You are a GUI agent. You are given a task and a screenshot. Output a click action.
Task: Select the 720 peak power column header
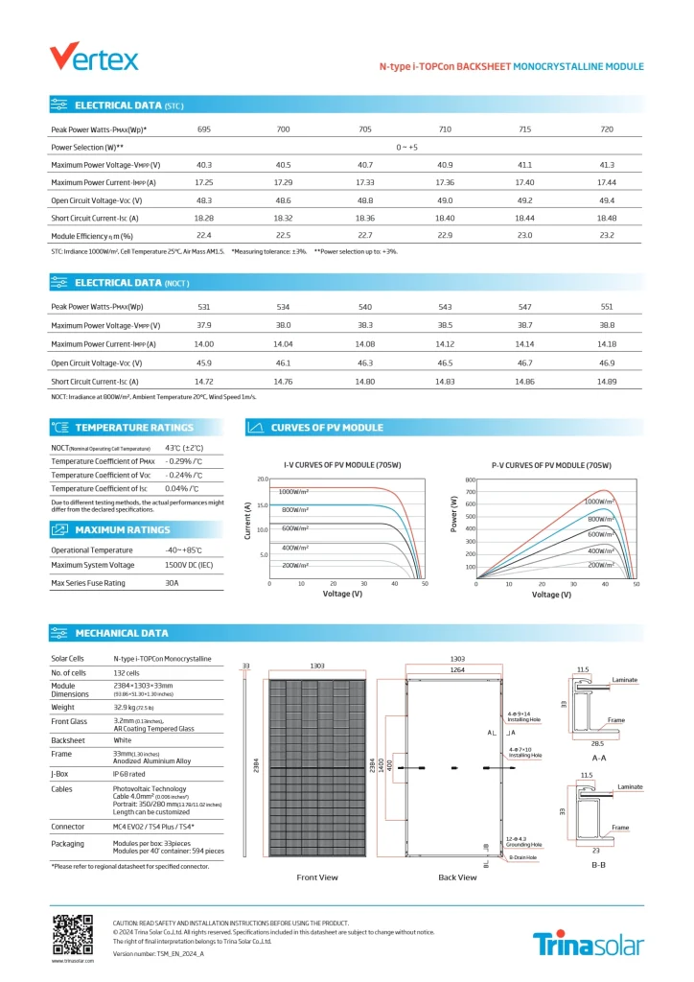[607, 129]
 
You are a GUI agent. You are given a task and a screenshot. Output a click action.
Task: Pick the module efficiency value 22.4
[204, 235]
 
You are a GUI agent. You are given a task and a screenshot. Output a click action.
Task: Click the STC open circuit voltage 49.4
[607, 200]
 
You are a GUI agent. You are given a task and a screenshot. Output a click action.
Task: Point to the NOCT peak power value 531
[204, 307]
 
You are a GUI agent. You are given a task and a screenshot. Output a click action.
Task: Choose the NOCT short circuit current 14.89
[607, 382]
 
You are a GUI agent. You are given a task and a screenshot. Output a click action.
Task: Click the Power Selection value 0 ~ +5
[407, 147]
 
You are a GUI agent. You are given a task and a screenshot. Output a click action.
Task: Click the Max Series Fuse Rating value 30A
[173, 583]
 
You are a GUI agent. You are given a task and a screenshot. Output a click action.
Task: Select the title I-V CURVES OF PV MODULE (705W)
[342, 465]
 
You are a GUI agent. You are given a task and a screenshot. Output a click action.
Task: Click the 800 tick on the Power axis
[470, 479]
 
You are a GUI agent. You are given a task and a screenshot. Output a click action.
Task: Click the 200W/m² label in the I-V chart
[295, 565]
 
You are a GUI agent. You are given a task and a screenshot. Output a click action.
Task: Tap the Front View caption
[317, 877]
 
